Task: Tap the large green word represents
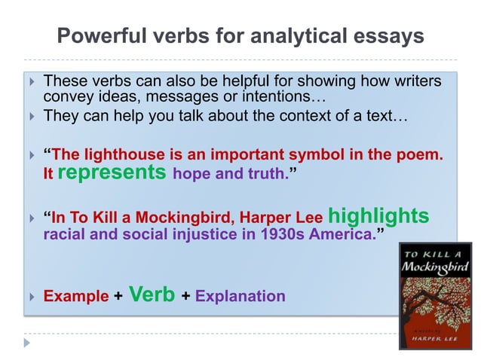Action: (x=112, y=172)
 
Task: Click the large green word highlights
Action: (x=378, y=216)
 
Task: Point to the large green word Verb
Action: (x=153, y=294)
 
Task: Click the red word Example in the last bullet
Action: (x=76, y=296)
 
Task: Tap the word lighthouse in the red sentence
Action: (x=121, y=155)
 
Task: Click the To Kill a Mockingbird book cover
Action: (x=434, y=295)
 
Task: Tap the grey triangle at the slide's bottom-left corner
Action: (x=28, y=343)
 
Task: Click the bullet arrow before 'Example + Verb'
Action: (x=29, y=296)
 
